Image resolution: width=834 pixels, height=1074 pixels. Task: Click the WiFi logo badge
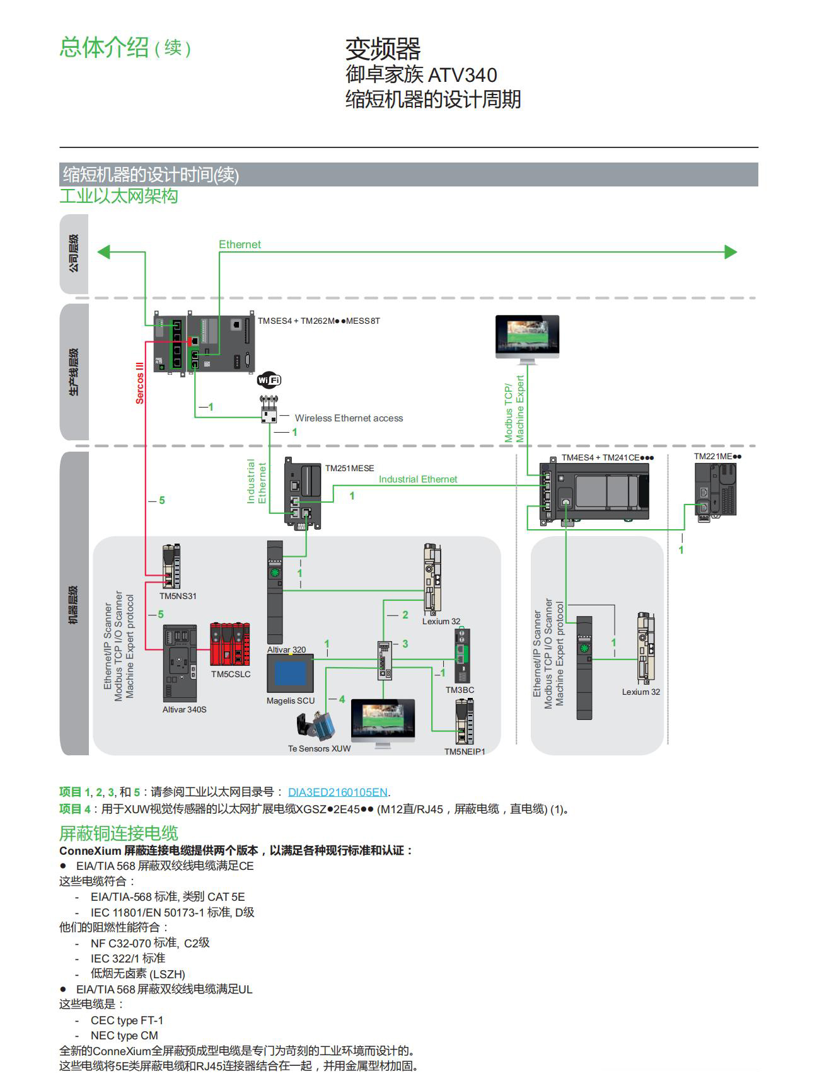click(269, 380)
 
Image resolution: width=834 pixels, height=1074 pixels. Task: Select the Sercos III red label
click(140, 382)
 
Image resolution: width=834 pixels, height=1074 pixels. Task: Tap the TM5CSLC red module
click(230, 644)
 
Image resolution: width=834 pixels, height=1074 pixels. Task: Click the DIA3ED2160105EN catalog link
click(337, 792)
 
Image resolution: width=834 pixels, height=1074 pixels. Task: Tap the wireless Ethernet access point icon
click(269, 410)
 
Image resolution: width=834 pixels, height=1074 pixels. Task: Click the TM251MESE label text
click(349, 468)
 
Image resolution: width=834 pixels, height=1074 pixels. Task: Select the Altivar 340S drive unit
click(180, 663)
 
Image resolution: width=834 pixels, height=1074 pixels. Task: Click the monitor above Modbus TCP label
click(527, 338)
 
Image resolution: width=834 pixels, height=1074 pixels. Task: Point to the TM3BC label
click(460, 690)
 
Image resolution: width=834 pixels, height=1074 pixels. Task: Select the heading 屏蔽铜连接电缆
click(119, 833)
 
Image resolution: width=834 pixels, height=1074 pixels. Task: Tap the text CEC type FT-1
click(127, 1020)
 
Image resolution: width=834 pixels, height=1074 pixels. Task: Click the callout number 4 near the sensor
click(342, 699)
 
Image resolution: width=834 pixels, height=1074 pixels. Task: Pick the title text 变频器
click(383, 49)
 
